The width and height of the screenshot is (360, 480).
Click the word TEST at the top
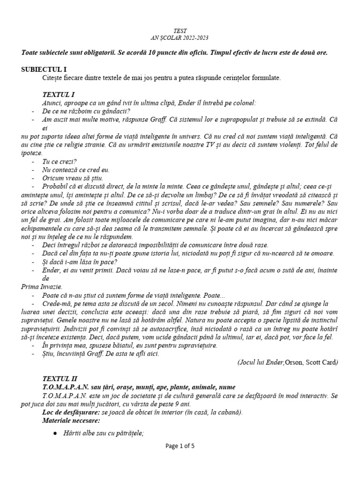click(x=180, y=30)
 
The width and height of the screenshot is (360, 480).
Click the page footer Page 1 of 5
click(x=180, y=446)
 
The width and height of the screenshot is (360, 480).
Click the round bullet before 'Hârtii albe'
click(x=55, y=434)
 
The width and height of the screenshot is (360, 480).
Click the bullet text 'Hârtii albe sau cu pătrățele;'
click(x=103, y=433)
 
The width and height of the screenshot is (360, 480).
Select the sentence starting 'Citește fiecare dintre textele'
click(x=162, y=77)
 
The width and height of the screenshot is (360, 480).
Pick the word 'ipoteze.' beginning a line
click(x=31, y=153)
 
